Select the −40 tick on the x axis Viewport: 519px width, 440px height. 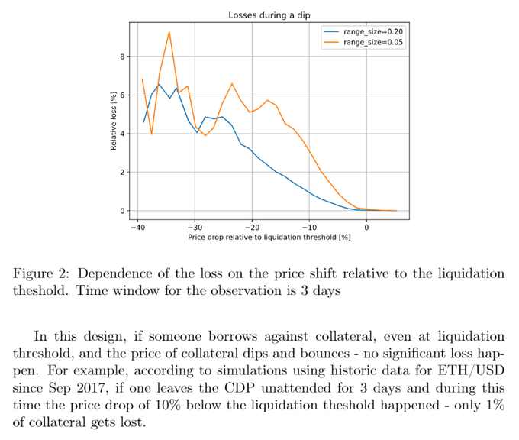click(137, 227)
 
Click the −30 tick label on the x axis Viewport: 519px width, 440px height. click(195, 227)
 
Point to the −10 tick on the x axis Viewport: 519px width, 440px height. click(309, 227)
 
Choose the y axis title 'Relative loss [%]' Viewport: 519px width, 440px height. click(112, 120)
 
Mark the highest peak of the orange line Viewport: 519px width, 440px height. click(169, 31)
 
